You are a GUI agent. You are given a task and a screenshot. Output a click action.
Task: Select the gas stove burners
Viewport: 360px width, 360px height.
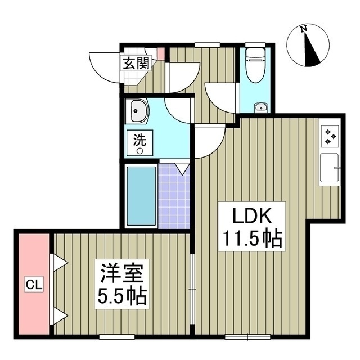pyautogui.click(x=330, y=136)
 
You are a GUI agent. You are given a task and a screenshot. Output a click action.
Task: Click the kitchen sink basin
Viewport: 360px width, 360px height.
pyautogui.click(x=329, y=168)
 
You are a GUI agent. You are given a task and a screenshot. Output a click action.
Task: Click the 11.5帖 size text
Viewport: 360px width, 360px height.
pyautogui.click(x=251, y=240)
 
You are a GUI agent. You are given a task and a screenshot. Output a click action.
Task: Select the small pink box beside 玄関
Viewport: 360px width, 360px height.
pyautogui.click(x=161, y=55)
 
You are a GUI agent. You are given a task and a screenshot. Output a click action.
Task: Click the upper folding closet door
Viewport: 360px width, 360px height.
pyautogui.click(x=59, y=262)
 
